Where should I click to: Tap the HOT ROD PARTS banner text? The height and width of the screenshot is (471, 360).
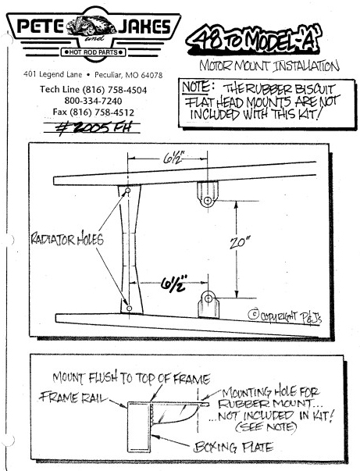point(94,52)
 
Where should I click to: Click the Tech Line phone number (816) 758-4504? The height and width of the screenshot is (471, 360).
point(114,90)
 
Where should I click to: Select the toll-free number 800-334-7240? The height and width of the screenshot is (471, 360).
point(94,101)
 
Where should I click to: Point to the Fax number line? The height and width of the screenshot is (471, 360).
point(94,112)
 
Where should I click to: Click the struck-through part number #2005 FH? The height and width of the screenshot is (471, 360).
point(94,127)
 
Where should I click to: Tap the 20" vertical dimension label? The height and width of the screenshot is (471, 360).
point(240,242)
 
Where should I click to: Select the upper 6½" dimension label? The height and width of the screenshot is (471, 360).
point(173,158)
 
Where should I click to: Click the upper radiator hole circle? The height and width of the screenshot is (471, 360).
point(127,191)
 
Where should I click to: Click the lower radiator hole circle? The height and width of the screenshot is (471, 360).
point(130,309)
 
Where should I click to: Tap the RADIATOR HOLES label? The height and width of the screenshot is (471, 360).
point(67,239)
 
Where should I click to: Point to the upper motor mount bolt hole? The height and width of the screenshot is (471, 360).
point(207,201)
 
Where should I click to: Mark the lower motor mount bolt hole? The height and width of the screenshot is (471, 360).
point(209,298)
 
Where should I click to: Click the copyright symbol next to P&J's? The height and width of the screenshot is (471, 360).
point(254,314)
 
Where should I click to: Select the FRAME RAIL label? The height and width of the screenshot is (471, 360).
point(73,398)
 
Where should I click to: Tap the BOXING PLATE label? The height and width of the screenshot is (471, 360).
point(233,448)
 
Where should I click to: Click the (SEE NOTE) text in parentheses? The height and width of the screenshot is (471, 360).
point(266,427)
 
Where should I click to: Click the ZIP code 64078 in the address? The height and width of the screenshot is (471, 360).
point(152,75)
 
